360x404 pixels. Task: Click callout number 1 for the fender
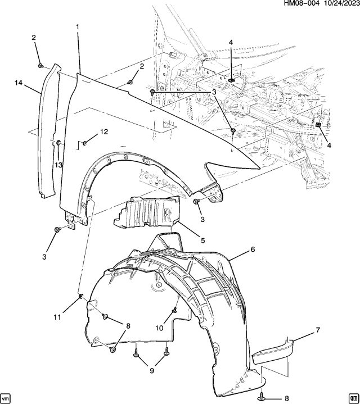pyautogui.click(x=77, y=26)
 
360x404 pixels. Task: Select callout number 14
pyautogui.click(x=19, y=83)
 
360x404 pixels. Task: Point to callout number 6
pyautogui.click(x=253, y=249)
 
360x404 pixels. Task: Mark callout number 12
pyautogui.click(x=103, y=132)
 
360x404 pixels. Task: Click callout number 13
pyautogui.click(x=58, y=165)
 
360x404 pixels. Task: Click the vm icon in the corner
pyautogui.click(x=7, y=397)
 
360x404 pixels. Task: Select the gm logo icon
pyautogui.click(x=353, y=397)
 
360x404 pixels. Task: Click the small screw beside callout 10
pyautogui.click(x=175, y=310)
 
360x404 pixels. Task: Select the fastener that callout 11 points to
pyautogui.click(x=81, y=296)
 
